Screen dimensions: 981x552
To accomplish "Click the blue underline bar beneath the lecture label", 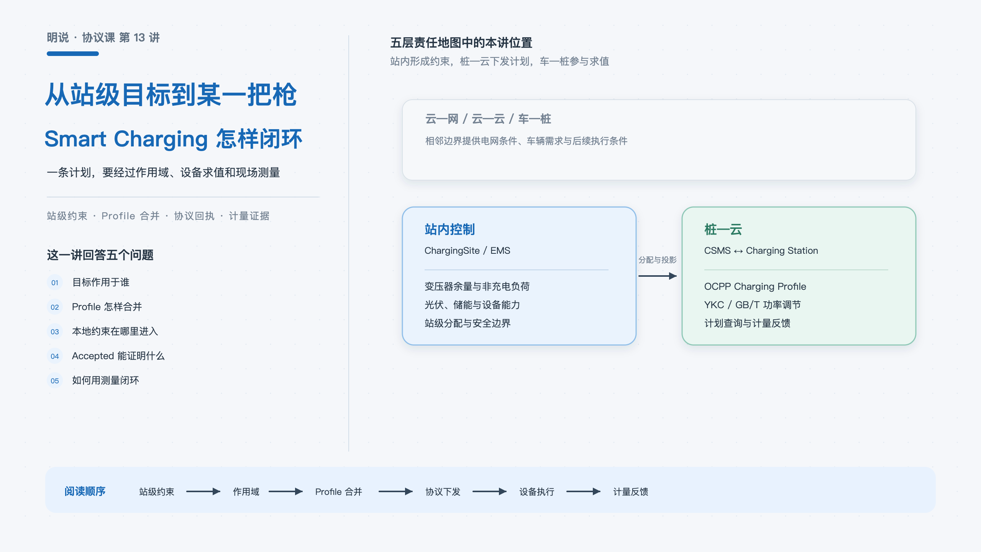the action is (x=73, y=54).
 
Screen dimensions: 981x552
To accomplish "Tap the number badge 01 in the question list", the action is (x=55, y=283).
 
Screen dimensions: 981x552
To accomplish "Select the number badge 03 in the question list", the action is (x=55, y=332).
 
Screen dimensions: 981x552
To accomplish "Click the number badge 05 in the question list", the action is (x=55, y=381).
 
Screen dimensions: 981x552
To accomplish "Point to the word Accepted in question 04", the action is (x=93, y=356).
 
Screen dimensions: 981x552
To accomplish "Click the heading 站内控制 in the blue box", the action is (x=450, y=229).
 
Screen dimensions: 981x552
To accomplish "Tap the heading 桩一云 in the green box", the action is (x=723, y=229).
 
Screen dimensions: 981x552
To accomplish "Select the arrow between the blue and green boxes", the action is (x=658, y=276).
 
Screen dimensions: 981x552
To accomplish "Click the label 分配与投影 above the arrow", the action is (x=658, y=260).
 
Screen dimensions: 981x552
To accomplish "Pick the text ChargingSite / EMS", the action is (x=468, y=251).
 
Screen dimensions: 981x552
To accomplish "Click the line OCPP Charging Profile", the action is (x=755, y=287).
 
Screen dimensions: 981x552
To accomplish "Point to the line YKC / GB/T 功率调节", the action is (x=753, y=305).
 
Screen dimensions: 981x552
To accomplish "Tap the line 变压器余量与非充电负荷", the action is (x=477, y=287).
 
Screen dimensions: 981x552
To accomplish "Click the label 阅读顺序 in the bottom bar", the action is (x=85, y=491).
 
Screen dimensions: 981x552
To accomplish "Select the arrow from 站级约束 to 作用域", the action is (x=203, y=491).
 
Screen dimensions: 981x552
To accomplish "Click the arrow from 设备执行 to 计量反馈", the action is (x=583, y=491).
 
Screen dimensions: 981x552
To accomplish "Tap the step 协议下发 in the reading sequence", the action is (x=443, y=492).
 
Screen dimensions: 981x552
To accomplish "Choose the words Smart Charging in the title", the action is (x=126, y=139).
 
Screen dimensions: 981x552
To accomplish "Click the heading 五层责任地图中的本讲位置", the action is (x=461, y=43).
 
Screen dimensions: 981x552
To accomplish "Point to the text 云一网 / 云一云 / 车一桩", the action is (x=488, y=119).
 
